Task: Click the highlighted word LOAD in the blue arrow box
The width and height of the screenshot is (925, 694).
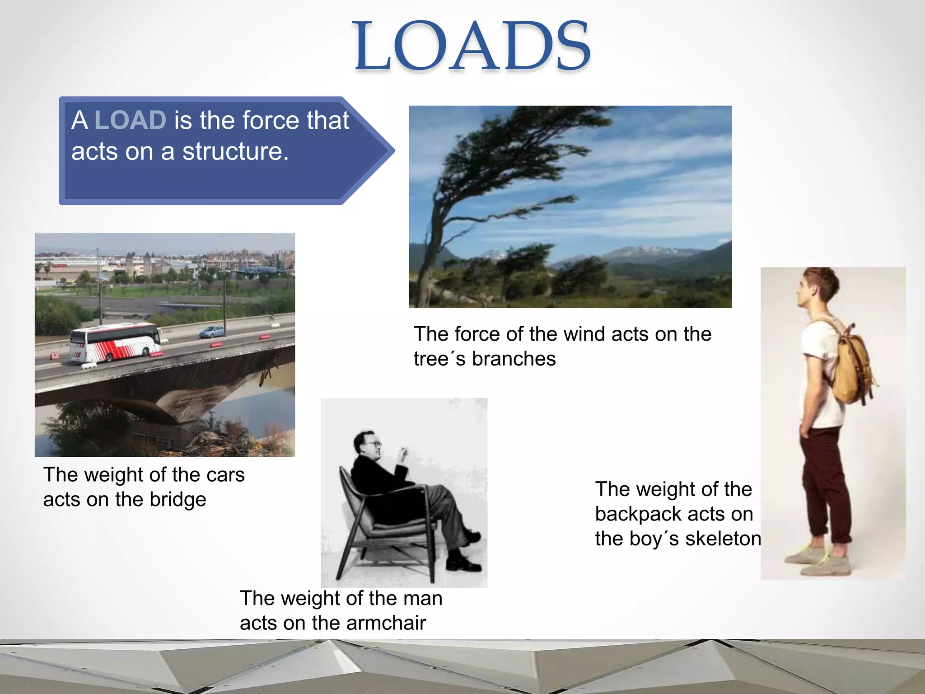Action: pos(130,120)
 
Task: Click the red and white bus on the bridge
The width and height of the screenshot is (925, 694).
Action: pos(115,342)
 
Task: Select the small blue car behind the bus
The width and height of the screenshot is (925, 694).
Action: pos(212,332)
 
